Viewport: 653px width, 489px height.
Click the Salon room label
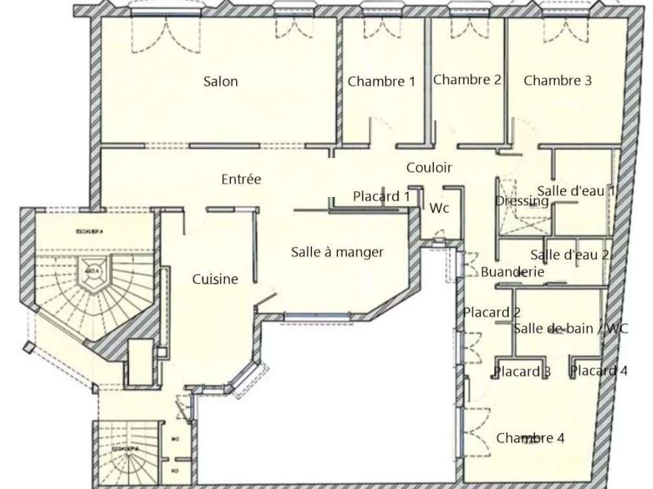220,82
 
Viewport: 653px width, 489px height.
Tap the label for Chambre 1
381,82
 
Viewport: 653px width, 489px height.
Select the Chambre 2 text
467,80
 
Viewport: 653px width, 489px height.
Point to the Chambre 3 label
558,81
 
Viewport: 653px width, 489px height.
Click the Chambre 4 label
530,438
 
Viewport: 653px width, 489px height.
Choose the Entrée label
241,179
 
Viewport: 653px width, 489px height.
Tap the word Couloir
429,168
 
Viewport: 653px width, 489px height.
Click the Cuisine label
215,279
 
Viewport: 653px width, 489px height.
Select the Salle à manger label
337,252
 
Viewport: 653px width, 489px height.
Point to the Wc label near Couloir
440,209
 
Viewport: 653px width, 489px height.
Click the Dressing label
521,201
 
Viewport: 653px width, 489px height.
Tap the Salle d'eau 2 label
569,255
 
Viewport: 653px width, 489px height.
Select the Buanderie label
512,273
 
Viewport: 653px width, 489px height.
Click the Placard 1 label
381,196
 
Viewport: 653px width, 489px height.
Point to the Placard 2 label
492,313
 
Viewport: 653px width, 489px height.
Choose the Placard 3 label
522,372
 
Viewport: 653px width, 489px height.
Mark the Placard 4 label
599,371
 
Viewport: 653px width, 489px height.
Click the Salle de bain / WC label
571,329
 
